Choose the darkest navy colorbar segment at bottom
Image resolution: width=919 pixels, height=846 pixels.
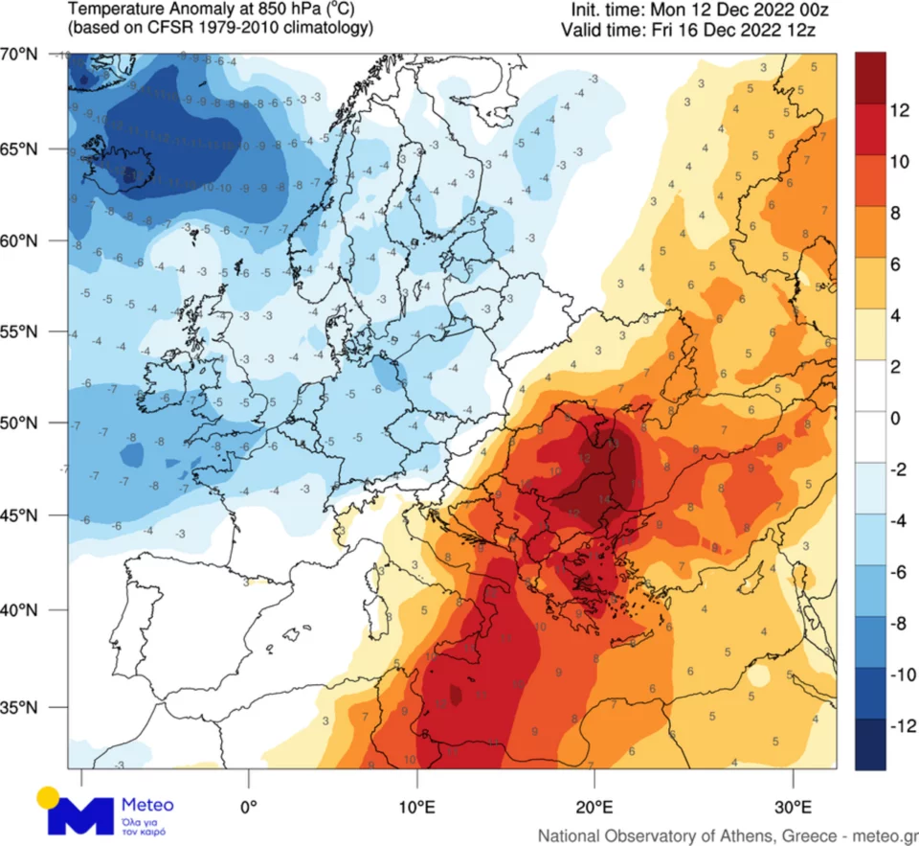(871, 744)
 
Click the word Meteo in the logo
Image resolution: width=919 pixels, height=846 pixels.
(147, 804)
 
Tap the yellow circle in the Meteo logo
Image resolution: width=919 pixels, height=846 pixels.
(49, 797)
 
